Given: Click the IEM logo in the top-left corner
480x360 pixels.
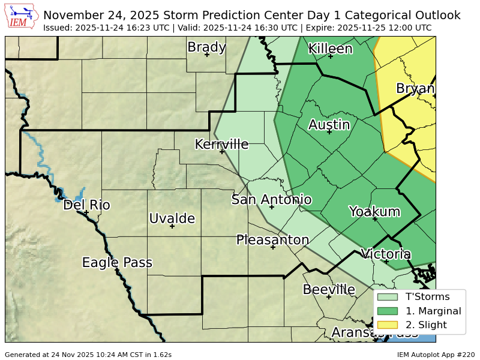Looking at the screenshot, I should click(x=22, y=17).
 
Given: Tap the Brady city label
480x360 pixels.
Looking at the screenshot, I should click(x=206, y=47).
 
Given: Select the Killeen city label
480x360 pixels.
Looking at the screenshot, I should click(x=330, y=49).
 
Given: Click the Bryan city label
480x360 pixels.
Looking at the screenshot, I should click(x=415, y=89).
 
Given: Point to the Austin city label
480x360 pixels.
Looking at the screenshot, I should click(x=329, y=124).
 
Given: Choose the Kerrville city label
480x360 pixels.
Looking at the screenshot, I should click(x=221, y=144).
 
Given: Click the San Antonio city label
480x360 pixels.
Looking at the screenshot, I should click(x=271, y=199).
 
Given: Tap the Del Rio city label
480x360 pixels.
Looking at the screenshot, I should click(x=86, y=205).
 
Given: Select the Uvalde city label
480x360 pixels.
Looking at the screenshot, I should click(x=172, y=218).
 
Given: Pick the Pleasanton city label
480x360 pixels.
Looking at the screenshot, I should click(x=272, y=239).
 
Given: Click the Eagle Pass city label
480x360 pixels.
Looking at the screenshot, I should click(x=117, y=262).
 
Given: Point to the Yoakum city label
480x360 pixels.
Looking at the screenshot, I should click(x=374, y=211).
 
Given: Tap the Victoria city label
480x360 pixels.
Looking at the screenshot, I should click(x=386, y=254).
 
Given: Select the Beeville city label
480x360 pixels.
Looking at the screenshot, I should click(x=328, y=289).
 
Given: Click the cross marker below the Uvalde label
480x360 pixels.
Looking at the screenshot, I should click(x=172, y=226).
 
